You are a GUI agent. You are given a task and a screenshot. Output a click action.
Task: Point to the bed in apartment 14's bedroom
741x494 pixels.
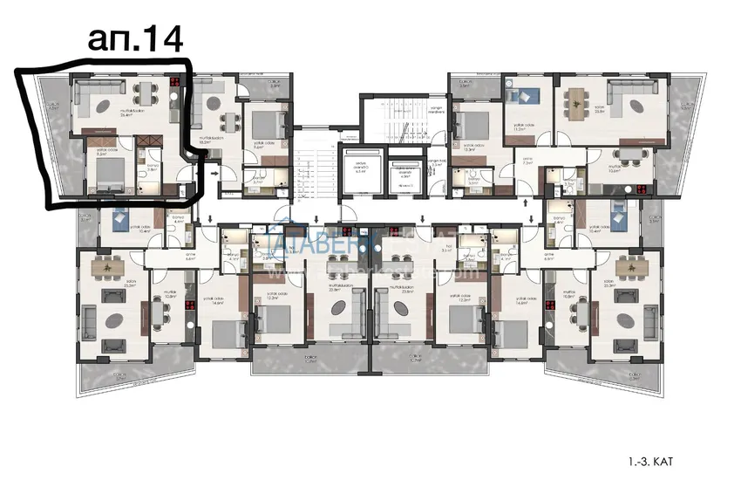click(105, 180)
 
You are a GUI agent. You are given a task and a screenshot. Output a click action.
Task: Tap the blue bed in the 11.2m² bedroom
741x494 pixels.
click(527, 97)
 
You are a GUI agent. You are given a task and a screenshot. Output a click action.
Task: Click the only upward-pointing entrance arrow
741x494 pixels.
click(531, 202)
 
